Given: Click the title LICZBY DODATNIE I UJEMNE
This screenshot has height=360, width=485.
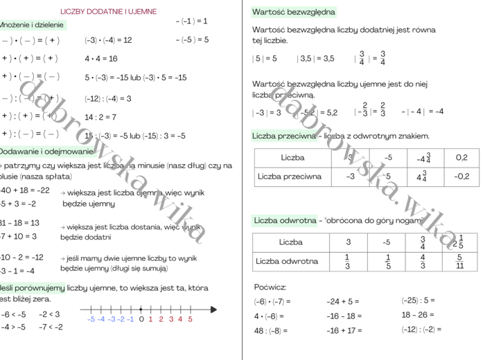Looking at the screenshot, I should tap(109, 12).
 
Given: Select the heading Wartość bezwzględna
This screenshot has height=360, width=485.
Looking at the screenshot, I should tap(294, 12).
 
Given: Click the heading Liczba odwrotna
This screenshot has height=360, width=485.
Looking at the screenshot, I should tap(285, 221).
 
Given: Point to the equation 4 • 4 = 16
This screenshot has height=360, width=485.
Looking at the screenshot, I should tap(101, 59).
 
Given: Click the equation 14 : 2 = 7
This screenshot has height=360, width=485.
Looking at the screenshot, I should tap(100, 117).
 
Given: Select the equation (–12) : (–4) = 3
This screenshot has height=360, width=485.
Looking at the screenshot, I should tap(108, 98).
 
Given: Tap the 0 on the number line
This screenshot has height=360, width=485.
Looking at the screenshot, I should tap(141, 319).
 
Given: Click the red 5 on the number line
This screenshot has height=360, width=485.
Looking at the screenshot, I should tap(190, 319).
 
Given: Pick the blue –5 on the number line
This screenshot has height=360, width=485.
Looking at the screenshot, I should tap(91, 319).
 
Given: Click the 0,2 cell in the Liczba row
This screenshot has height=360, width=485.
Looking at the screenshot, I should tap(461, 158).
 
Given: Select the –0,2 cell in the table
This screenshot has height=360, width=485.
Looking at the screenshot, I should tap(461, 177).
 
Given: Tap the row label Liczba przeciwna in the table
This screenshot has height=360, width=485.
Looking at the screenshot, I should tap(290, 177).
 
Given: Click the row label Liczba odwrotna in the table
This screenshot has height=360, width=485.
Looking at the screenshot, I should tap(287, 262).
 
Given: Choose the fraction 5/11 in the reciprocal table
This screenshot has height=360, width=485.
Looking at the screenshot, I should tap(459, 261).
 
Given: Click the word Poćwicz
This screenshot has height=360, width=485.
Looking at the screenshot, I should tap(270, 287).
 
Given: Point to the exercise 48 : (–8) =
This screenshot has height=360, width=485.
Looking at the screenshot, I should tap(272, 330).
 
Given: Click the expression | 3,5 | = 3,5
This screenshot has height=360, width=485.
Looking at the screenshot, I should tap(315, 59).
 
